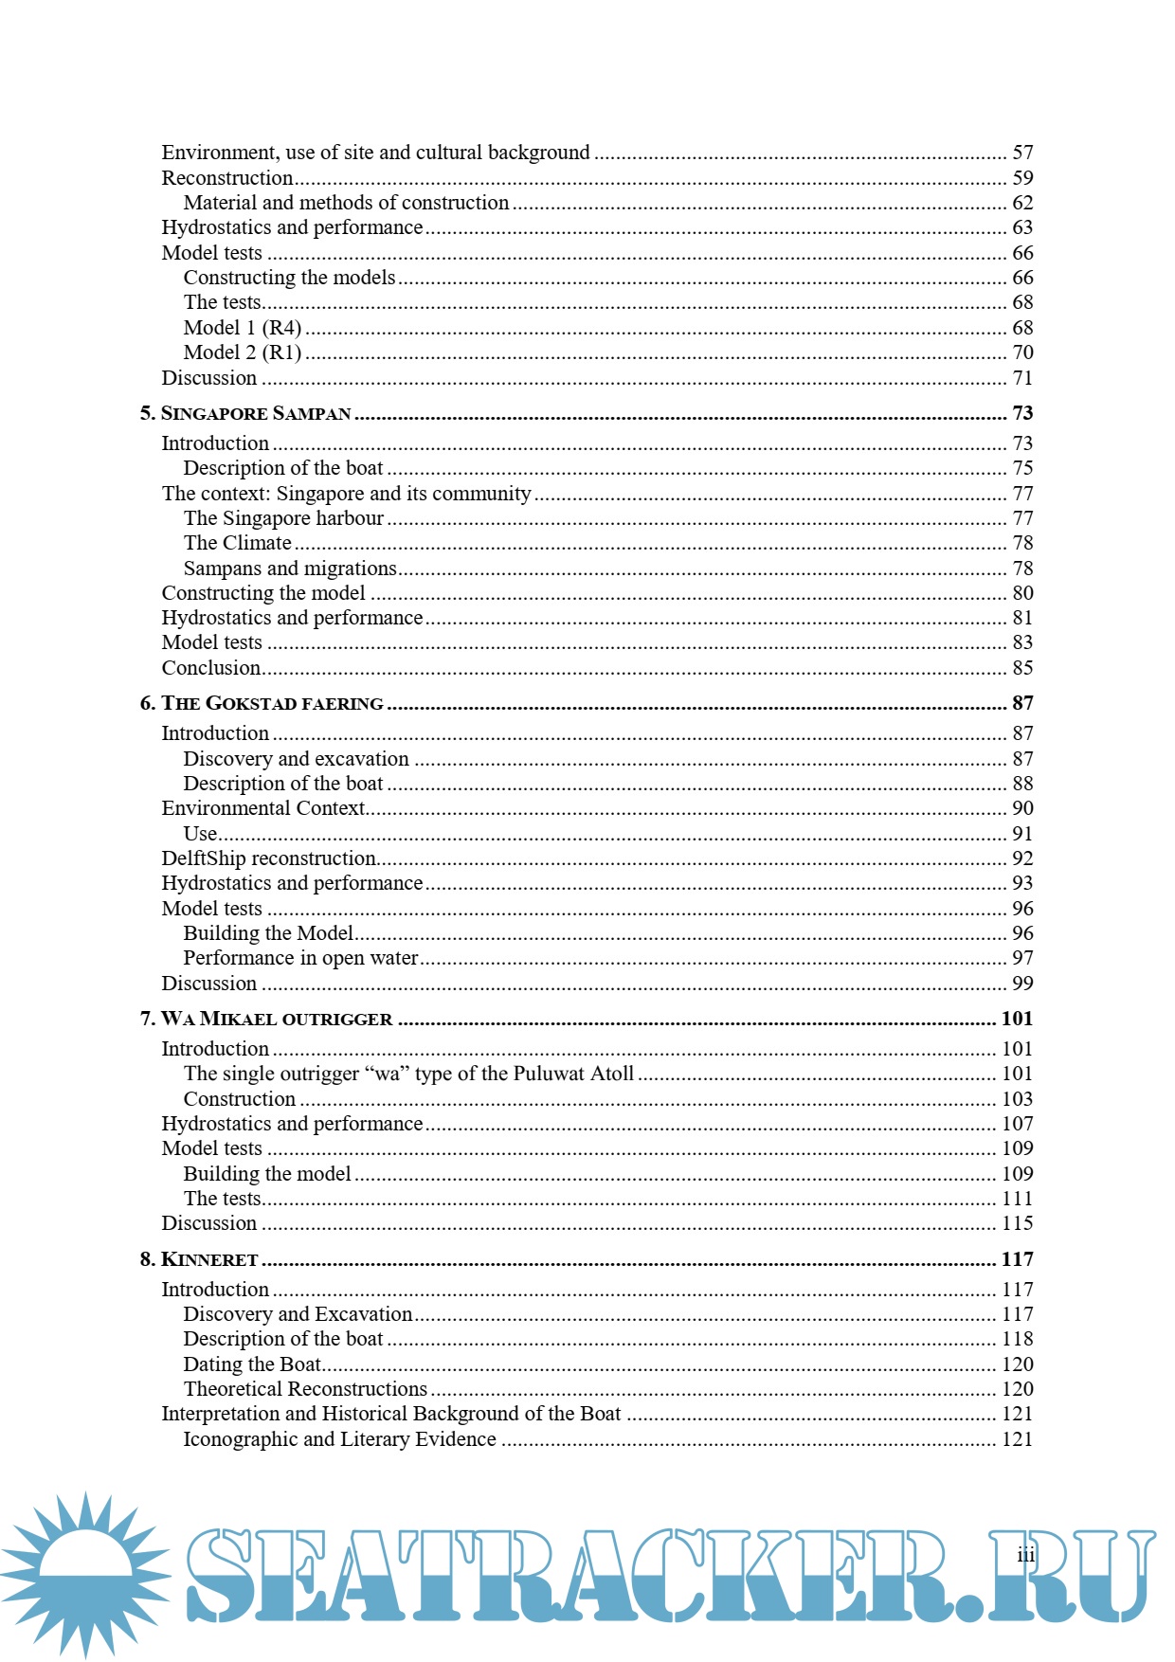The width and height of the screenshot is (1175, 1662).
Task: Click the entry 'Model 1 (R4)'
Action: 243,328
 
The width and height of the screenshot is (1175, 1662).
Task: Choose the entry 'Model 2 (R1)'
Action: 243,352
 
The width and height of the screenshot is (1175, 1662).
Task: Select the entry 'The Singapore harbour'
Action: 283,518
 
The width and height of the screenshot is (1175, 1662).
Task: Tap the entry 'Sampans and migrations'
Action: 290,569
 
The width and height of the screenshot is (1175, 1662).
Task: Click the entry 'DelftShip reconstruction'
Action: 269,858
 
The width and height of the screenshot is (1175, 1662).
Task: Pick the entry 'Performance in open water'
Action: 300,958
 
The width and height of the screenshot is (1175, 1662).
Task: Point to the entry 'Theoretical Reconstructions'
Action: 305,1389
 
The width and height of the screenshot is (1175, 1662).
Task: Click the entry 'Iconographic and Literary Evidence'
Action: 339,1439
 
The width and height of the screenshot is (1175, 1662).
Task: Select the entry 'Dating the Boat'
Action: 252,1364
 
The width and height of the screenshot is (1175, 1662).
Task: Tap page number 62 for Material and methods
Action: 1022,203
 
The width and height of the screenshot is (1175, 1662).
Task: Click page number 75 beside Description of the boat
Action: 1022,468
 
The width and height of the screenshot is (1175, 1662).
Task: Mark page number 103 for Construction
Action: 1018,1099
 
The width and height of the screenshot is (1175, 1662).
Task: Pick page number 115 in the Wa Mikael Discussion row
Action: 1018,1223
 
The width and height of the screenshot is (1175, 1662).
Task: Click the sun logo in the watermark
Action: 85,1574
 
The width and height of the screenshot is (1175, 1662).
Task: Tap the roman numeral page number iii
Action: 1026,1555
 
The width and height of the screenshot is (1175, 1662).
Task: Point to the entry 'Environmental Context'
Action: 262,808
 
